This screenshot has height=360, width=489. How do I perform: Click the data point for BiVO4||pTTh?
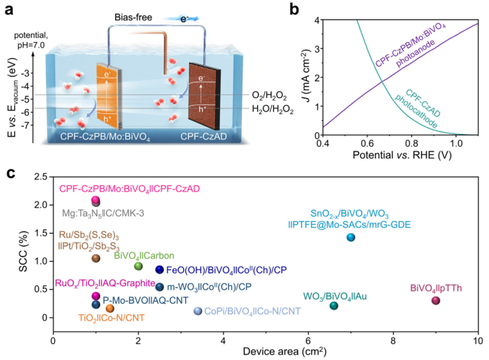tap(436, 301)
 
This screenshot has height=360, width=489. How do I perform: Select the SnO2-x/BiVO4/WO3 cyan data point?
tap(351, 237)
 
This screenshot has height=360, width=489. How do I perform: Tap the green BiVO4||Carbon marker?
tap(138, 266)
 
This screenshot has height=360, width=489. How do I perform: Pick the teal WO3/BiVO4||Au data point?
tap(334, 306)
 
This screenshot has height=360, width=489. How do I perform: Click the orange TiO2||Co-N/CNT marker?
tap(110, 308)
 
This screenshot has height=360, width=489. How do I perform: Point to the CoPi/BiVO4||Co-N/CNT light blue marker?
tap(198, 310)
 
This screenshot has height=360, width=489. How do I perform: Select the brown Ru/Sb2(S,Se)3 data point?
tap(96, 258)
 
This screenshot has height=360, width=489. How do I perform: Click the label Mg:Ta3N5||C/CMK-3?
tap(103, 214)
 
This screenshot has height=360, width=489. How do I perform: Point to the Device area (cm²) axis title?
tap(285, 351)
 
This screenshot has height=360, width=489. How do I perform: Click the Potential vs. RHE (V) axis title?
tap(402, 155)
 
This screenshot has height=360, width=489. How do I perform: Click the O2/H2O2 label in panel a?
tap(269, 96)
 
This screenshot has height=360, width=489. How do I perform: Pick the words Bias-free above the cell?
tap(133, 17)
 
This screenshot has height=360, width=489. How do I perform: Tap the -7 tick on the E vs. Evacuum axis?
tap(26, 125)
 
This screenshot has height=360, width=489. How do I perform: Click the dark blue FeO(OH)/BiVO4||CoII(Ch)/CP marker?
tap(160, 269)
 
